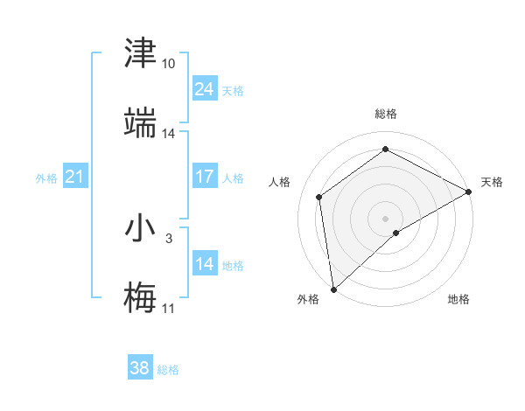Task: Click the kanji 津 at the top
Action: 140,54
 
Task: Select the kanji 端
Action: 140,122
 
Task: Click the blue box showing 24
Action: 204,89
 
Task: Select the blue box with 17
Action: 204,177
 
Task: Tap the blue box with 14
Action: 204,264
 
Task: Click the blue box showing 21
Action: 74,177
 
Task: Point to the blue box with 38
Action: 140,368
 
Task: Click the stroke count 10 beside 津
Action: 169,65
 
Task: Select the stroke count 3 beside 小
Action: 169,238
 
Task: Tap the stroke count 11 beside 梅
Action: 169,308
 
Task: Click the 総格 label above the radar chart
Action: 386,114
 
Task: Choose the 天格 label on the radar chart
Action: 492,182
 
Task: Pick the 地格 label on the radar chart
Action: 458,299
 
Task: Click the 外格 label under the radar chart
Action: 308,299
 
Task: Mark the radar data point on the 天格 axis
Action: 469,192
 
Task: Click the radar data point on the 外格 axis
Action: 333,289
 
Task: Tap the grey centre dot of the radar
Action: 386,218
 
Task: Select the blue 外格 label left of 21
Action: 46,178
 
